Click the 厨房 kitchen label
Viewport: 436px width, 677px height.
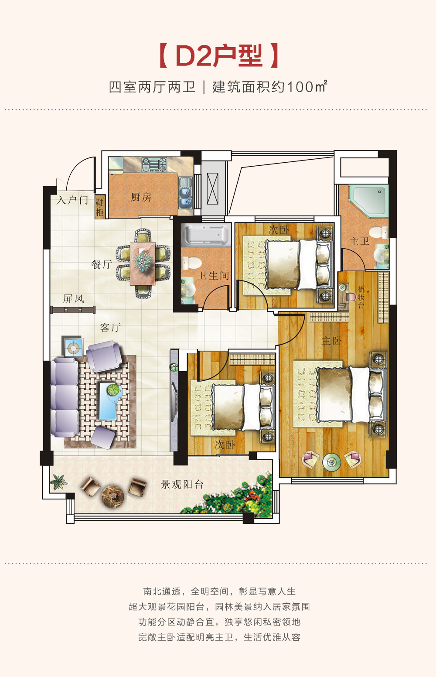click(141, 197)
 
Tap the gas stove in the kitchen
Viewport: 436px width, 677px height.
click(154, 164)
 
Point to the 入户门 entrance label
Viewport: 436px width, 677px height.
click(72, 200)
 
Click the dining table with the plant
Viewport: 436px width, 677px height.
click(143, 263)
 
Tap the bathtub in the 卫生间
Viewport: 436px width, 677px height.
click(206, 235)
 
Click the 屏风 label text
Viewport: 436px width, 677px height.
click(73, 299)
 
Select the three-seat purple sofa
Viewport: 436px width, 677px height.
click(65, 398)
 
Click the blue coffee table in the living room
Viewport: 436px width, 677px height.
click(108, 401)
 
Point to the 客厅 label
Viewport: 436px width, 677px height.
click(110, 327)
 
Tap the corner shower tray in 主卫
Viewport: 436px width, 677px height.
click(368, 201)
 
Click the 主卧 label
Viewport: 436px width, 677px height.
click(331, 341)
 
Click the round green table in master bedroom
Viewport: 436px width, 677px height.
click(331, 462)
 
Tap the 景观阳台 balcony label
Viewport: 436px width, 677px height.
click(182, 485)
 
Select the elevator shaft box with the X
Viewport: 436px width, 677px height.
click(212, 188)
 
